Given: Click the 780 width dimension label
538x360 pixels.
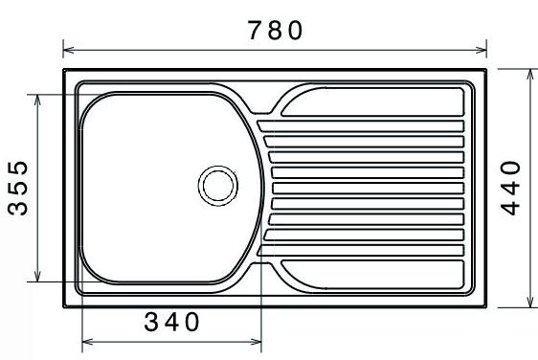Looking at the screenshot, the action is (x=275, y=31).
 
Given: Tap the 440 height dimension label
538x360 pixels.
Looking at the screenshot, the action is (x=510, y=188).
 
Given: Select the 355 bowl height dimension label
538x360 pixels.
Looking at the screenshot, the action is (x=17, y=188).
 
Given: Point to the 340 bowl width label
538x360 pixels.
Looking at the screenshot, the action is (x=171, y=322).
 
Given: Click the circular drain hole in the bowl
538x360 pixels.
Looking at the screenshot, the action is (x=218, y=186).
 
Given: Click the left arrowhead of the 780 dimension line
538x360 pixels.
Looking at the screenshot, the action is (x=69, y=50).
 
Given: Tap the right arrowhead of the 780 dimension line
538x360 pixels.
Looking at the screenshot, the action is (x=482, y=50).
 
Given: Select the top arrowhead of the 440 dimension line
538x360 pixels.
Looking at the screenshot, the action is (x=530, y=75).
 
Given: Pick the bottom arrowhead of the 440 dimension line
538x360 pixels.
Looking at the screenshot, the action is (x=530, y=302).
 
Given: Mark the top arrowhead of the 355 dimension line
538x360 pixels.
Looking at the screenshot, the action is (x=37, y=100).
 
